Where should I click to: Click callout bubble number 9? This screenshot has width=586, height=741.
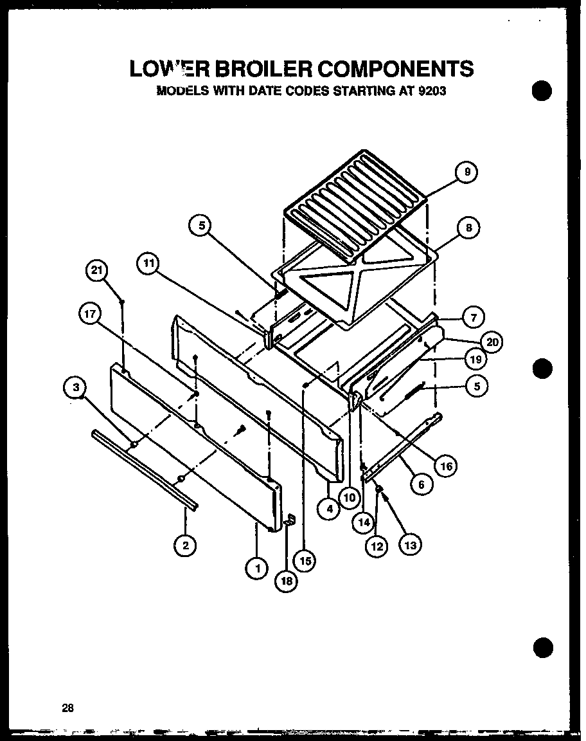[x=467, y=172]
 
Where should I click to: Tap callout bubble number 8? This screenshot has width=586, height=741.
[x=468, y=228]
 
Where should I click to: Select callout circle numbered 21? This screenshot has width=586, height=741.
[x=97, y=271]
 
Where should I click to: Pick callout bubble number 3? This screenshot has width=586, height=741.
[x=76, y=387]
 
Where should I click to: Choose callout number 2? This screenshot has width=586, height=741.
[x=185, y=545]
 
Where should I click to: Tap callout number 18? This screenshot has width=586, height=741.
[x=287, y=580]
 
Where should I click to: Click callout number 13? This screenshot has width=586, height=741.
[x=411, y=545]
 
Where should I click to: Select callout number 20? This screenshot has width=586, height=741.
[x=492, y=343]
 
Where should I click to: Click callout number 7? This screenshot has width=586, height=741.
[x=472, y=316]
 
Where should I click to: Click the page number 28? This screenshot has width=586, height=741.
[x=67, y=708]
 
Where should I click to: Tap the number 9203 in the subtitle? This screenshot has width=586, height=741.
[x=431, y=91]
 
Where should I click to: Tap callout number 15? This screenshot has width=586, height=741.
[x=305, y=560]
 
